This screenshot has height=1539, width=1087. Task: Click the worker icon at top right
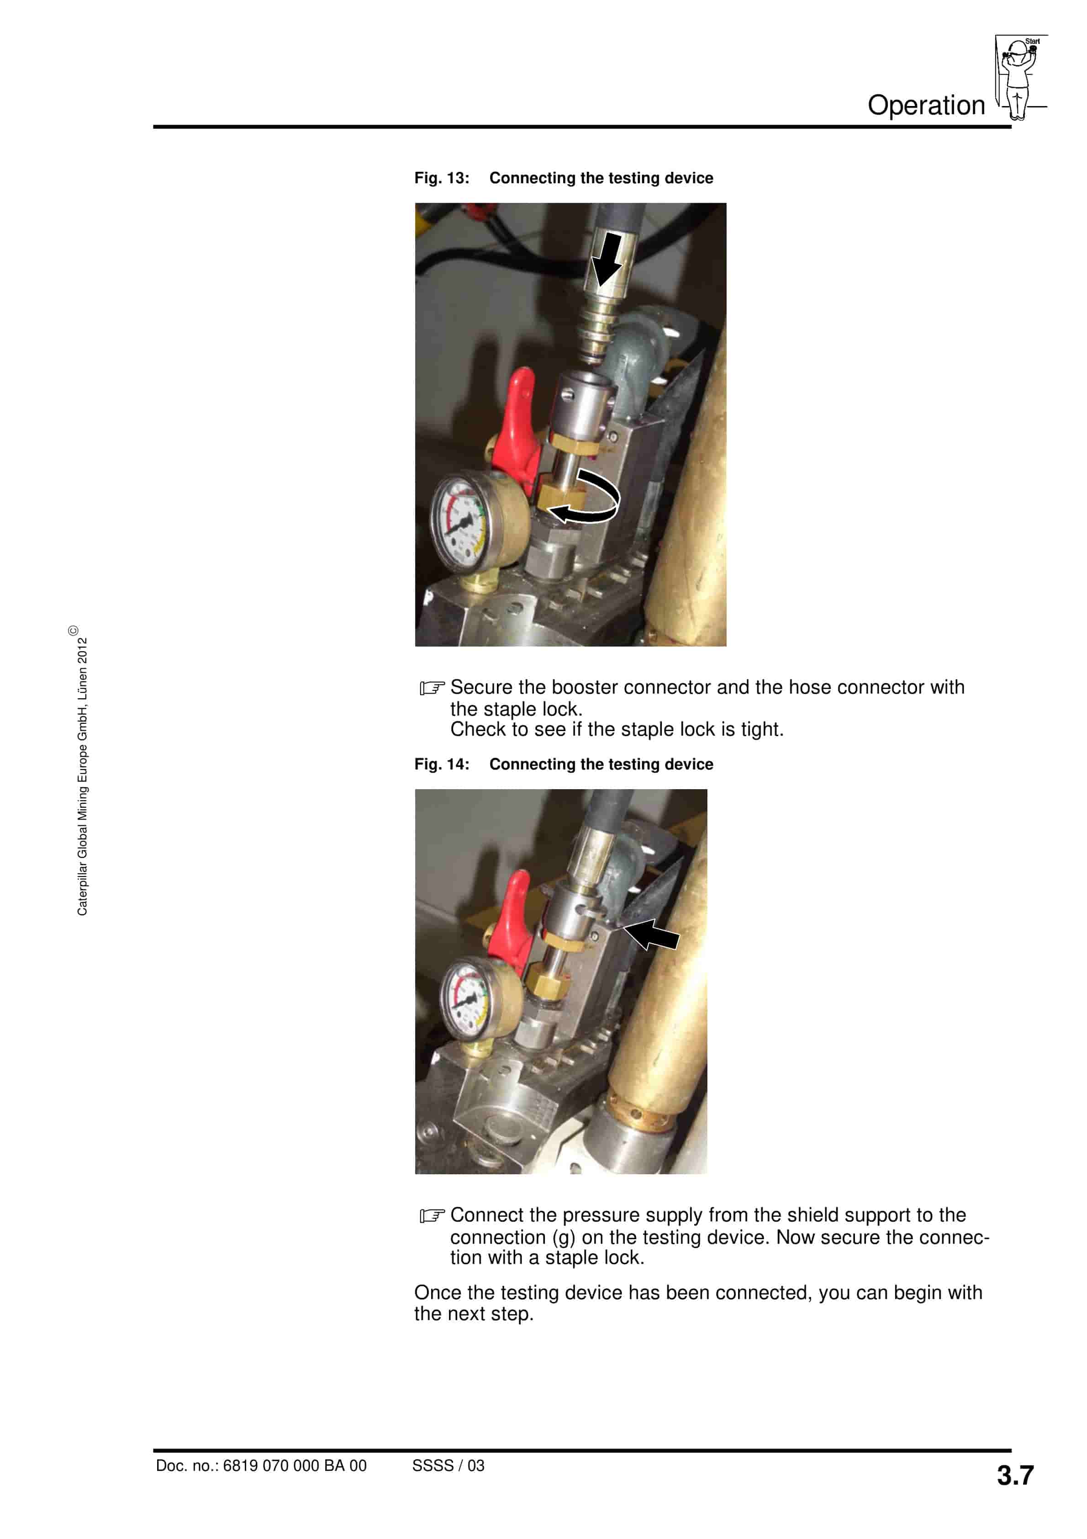[x=1018, y=77]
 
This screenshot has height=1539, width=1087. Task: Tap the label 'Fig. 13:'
[x=442, y=178]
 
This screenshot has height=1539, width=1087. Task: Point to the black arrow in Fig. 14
[x=651, y=933]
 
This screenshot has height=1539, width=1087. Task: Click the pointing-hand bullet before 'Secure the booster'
[x=432, y=689]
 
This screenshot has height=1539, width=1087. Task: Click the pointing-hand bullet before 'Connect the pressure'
[x=432, y=1216]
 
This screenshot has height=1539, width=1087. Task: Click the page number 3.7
[x=1015, y=1475]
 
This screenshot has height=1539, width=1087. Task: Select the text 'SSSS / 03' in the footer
[x=448, y=1466]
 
